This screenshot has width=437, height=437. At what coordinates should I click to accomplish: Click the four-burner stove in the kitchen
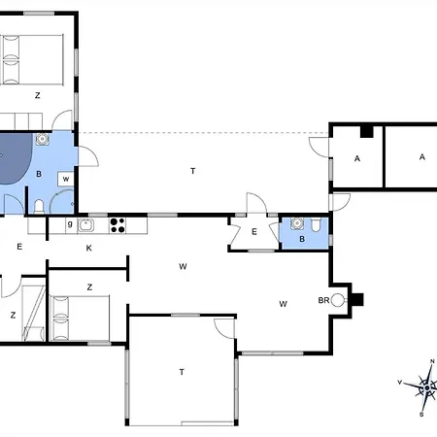click(x=118, y=225)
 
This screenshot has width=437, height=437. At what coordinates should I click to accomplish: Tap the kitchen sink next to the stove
click(x=85, y=225)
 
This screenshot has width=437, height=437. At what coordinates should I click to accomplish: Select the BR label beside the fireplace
click(x=323, y=300)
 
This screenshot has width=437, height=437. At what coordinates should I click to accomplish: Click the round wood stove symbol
click(x=338, y=300)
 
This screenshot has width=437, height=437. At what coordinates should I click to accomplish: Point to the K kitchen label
click(x=88, y=248)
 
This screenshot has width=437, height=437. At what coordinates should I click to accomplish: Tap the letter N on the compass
click(x=432, y=361)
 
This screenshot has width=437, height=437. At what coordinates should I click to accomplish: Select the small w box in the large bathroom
click(x=66, y=179)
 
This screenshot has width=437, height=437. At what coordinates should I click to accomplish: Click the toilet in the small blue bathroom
click(x=316, y=225)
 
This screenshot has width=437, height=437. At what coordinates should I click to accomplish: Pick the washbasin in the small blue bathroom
click(x=297, y=223)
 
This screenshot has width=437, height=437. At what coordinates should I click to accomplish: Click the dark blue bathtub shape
click(x=15, y=158)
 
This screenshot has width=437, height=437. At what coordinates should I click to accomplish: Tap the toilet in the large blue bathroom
click(x=39, y=207)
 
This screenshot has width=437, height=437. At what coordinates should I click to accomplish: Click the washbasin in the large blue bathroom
click(x=42, y=139)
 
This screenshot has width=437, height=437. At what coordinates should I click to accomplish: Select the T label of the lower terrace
click(x=182, y=372)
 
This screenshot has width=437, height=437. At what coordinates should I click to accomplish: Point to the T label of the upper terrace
click(x=193, y=171)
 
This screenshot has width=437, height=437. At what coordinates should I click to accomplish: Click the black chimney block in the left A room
click(x=367, y=131)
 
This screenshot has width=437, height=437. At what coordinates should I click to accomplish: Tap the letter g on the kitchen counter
click(x=70, y=223)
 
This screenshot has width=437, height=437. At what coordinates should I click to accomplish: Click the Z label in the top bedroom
click(x=38, y=95)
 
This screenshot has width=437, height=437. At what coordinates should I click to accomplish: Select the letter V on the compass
click(x=400, y=383)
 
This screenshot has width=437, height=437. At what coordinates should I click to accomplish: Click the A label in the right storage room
click(x=422, y=157)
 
